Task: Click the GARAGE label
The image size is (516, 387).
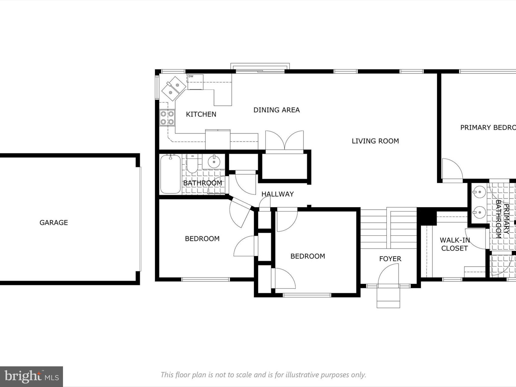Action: (x=54, y=222)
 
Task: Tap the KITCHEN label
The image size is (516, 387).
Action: (x=201, y=114)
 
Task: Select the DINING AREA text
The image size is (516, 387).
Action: (x=276, y=110)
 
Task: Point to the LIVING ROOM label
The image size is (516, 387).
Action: (x=375, y=141)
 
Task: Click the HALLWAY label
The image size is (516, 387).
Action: (x=277, y=194)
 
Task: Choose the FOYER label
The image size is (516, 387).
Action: (x=390, y=259)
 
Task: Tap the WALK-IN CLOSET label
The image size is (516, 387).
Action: (x=455, y=244)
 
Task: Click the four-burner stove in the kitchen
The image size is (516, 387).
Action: (x=167, y=118)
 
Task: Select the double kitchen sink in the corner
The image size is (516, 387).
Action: (x=174, y=88)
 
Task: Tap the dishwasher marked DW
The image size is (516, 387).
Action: (x=195, y=82)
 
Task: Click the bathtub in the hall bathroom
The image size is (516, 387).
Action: (x=171, y=174)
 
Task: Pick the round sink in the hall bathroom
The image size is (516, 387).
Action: (x=214, y=161)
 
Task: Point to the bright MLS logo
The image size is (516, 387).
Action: (x=31, y=377)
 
